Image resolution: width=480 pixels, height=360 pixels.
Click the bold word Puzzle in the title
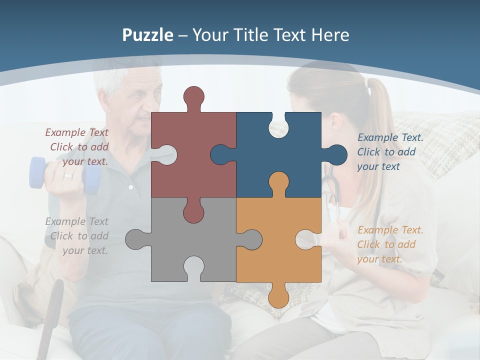tap(148, 35)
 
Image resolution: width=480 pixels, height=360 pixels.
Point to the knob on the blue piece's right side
tap(336, 154)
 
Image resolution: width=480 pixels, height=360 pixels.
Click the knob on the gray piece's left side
tap(136, 239)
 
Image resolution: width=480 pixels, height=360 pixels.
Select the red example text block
tap(77, 147)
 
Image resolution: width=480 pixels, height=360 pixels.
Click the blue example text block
tap(390, 152)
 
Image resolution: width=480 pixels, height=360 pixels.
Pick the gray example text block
tap(77, 236)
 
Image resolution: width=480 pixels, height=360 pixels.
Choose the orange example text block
tap(390, 244)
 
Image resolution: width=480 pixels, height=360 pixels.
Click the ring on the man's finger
tap(67, 176)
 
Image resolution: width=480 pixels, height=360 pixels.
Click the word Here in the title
tap(330, 35)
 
